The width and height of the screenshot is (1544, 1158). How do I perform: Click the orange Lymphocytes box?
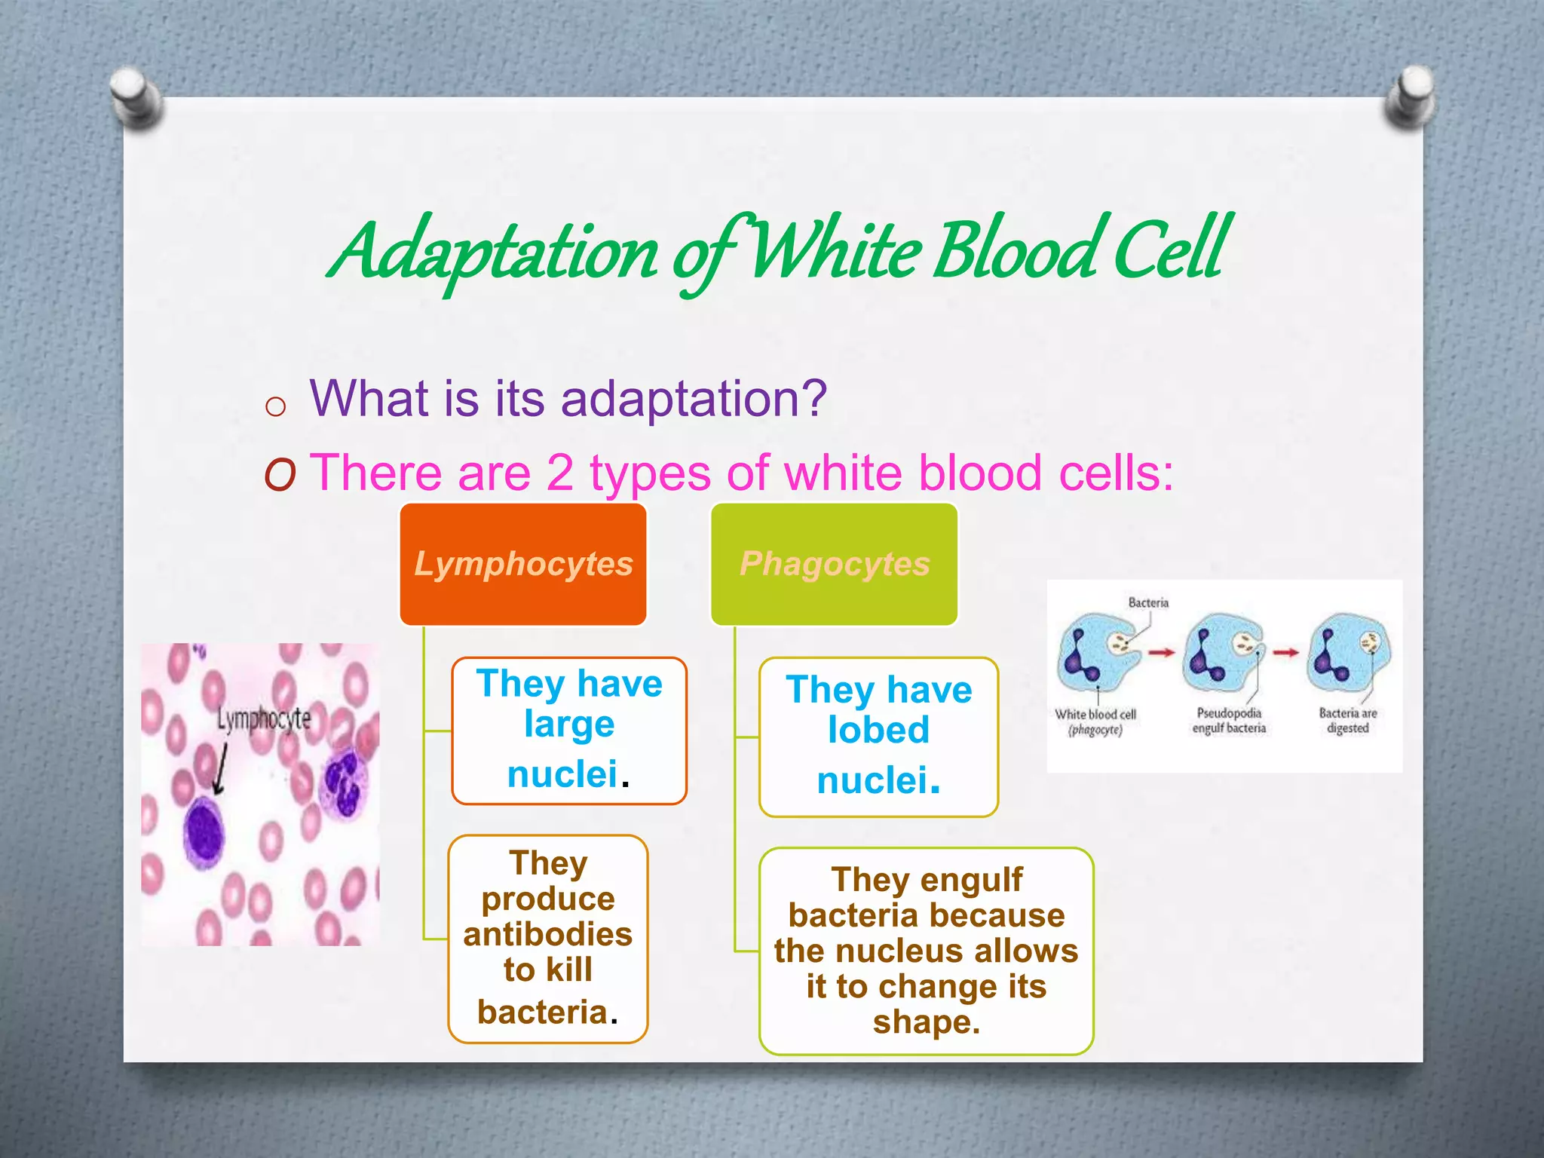pyautogui.click(x=523, y=564)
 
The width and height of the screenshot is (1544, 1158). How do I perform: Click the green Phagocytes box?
pyautogui.click(x=834, y=564)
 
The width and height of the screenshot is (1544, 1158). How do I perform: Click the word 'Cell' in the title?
pyautogui.click(x=1170, y=249)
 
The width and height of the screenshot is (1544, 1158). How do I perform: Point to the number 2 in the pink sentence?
pyautogui.click(x=559, y=473)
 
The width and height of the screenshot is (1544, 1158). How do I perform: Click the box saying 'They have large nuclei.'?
pyautogui.click(x=569, y=730)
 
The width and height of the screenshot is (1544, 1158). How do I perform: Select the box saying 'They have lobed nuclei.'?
pyautogui.click(x=878, y=736)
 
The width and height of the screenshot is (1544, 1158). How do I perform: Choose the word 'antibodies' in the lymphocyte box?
pyautogui.click(x=547, y=934)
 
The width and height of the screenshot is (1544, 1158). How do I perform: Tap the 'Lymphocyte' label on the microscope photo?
pyautogui.click(x=263, y=718)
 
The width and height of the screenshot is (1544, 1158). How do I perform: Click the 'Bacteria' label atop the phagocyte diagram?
pyautogui.click(x=1147, y=602)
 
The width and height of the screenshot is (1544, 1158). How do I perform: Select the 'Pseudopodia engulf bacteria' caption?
pyautogui.click(x=1228, y=720)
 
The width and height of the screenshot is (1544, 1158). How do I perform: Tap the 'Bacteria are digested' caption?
pyautogui.click(x=1347, y=720)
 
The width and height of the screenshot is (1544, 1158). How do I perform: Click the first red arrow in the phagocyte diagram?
pyautogui.click(x=1161, y=652)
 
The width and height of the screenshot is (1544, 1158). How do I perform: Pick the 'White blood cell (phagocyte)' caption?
pyautogui.click(x=1095, y=721)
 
